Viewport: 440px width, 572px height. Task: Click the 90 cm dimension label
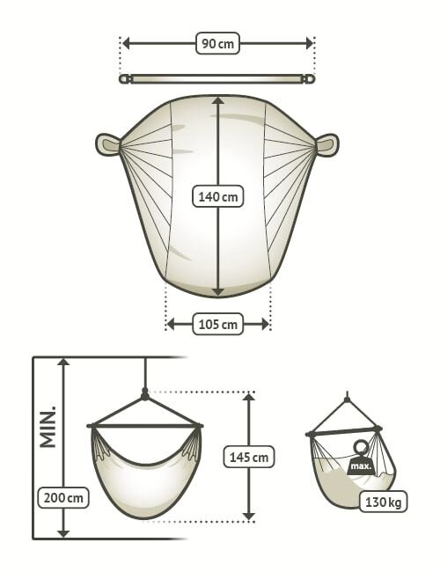click(x=217, y=44)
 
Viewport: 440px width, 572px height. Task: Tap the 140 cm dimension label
click(x=218, y=196)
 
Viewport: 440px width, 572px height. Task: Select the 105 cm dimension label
click(x=218, y=324)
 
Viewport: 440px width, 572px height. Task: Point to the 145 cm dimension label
click(x=248, y=457)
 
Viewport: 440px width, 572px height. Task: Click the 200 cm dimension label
click(x=63, y=497)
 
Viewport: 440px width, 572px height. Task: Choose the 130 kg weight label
click(x=383, y=502)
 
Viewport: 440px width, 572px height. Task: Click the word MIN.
click(x=48, y=426)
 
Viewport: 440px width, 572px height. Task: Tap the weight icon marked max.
click(x=361, y=458)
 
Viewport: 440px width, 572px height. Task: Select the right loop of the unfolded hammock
click(x=326, y=145)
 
